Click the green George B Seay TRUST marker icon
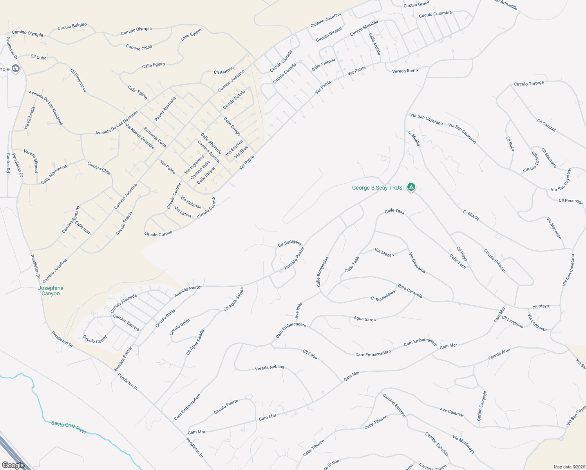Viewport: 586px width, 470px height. click(411, 187)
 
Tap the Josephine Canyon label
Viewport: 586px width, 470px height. click(51, 291)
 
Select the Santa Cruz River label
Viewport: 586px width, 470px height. click(69, 427)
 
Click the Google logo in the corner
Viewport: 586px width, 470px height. click(13, 465)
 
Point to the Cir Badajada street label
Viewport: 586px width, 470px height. click(289, 243)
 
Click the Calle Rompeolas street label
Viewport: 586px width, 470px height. click(322, 271)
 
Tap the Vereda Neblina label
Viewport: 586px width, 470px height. click(269, 367)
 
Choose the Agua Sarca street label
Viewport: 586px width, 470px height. click(364, 319)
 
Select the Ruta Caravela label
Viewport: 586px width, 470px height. click(410, 291)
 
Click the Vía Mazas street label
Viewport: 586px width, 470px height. click(384, 252)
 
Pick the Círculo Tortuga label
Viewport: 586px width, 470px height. click(529, 84)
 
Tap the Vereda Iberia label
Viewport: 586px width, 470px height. click(405, 71)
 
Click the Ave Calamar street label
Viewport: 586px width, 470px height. click(451, 412)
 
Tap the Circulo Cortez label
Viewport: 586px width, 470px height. click(95, 339)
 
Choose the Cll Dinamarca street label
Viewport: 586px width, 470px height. click(78, 80)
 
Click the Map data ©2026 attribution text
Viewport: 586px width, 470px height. click(569, 467)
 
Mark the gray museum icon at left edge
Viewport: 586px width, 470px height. click(16, 69)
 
